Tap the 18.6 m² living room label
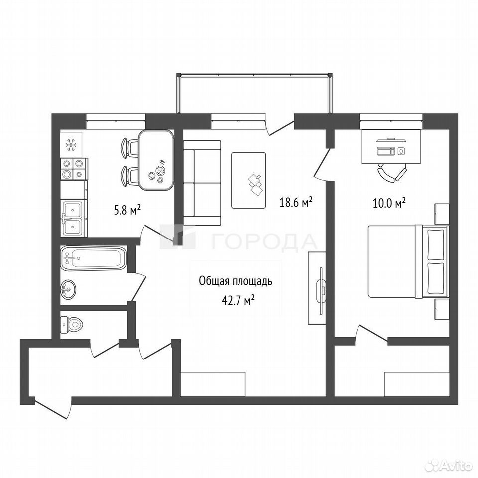296,202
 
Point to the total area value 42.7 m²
238,301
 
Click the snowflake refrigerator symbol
71,145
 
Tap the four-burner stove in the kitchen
74,169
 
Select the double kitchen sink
73,218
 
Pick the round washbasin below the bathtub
68,289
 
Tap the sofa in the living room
202,183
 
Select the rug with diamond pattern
248,180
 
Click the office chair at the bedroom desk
392,173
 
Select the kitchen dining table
156,160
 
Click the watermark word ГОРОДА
264,242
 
